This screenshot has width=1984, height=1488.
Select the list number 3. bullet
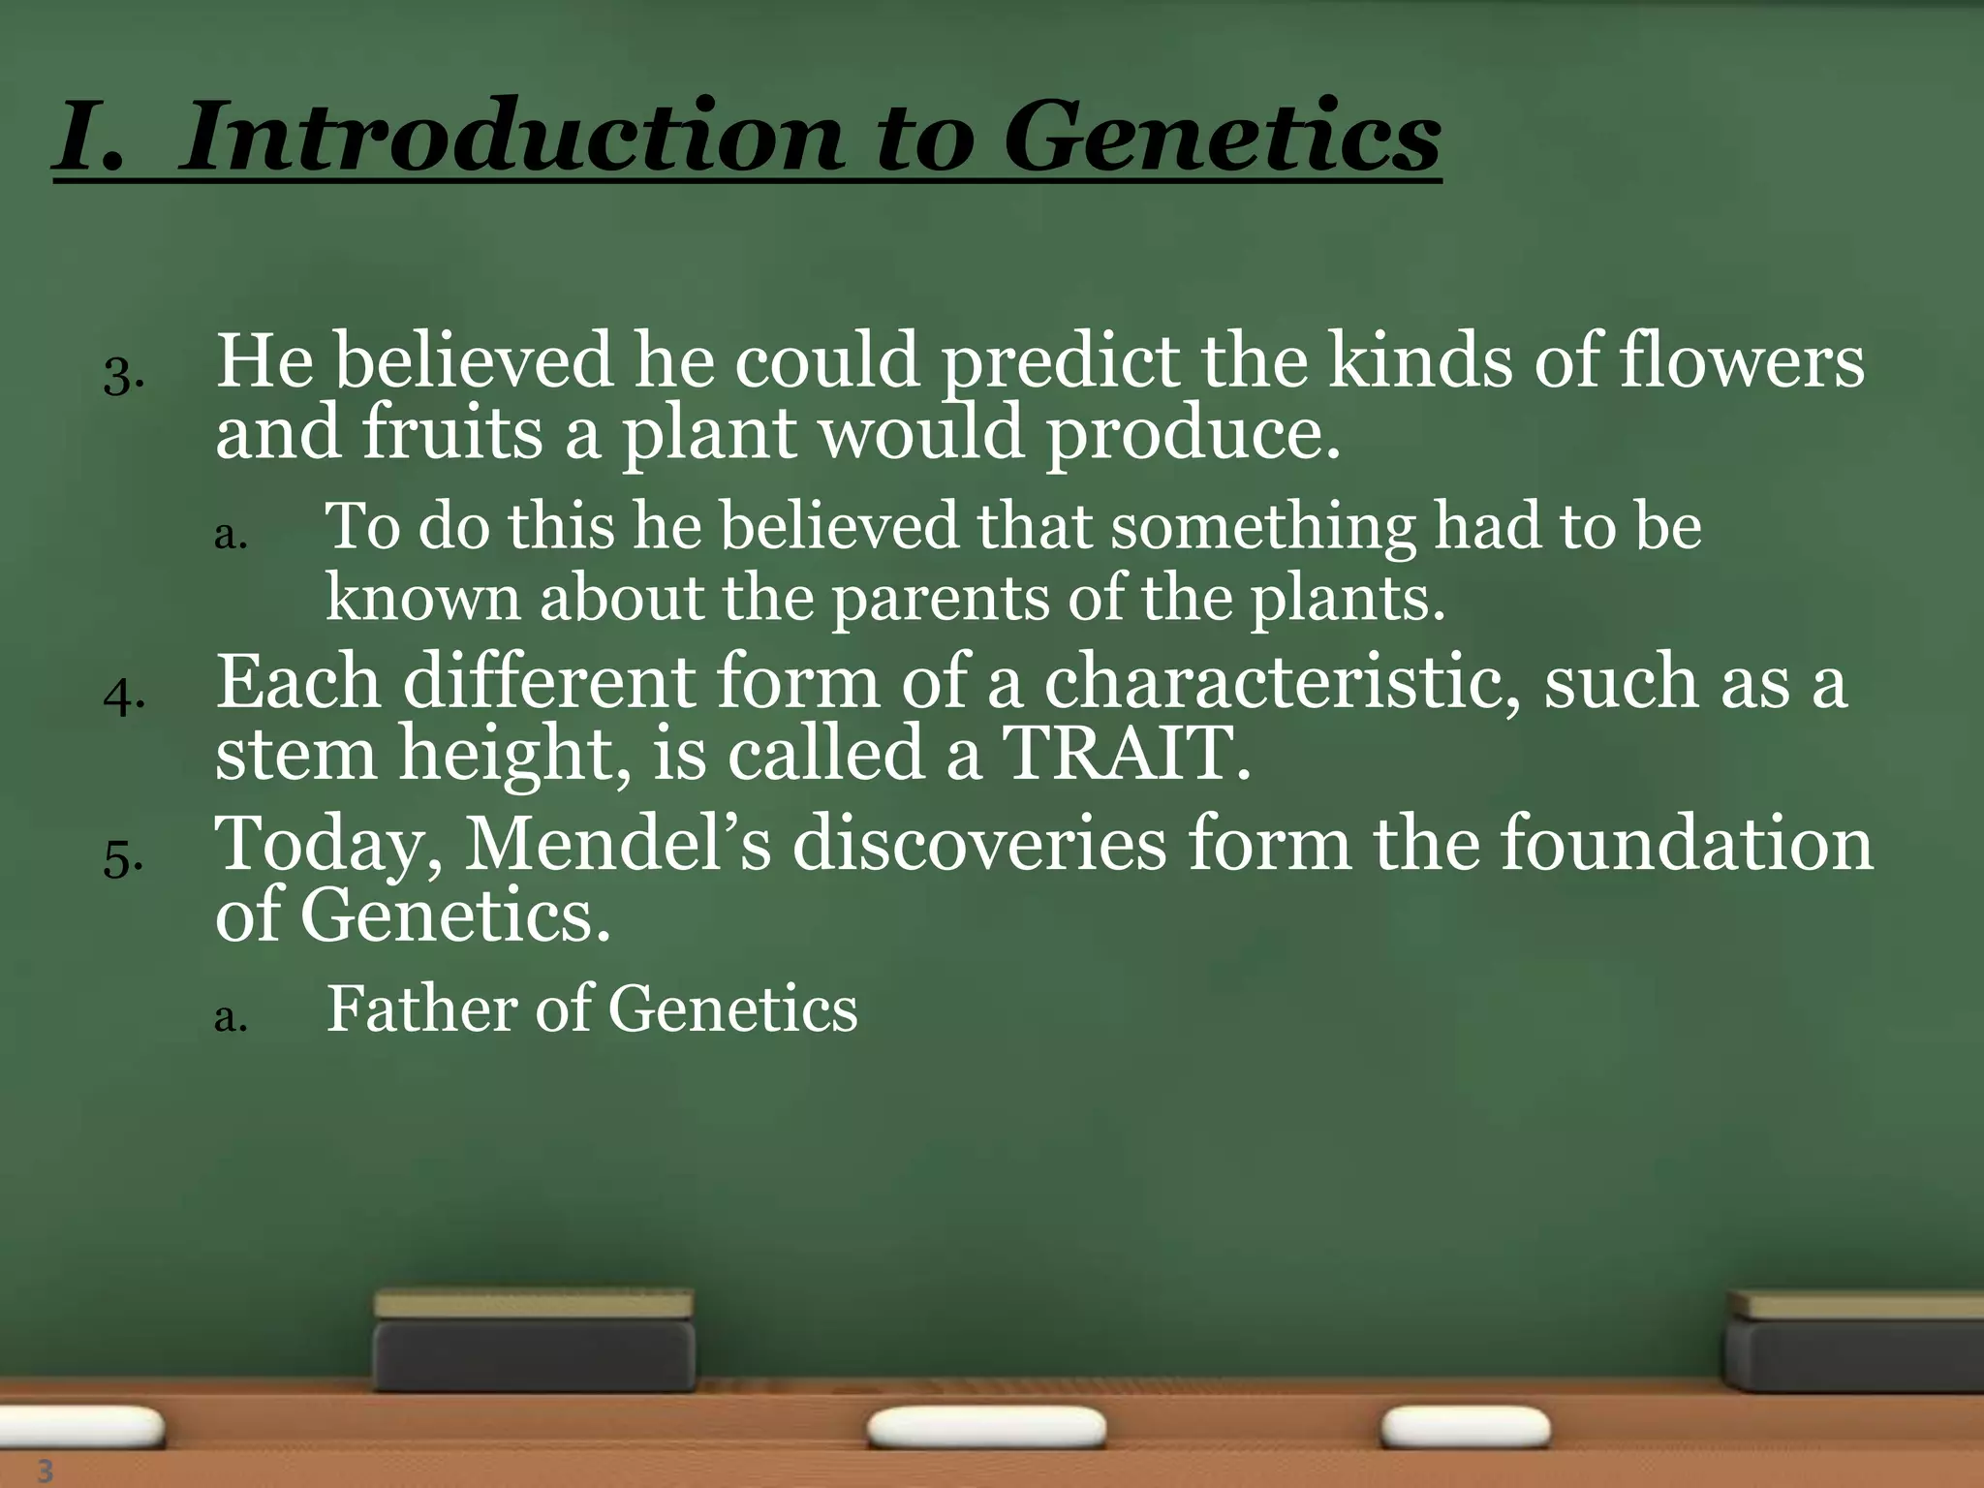[x=123, y=376]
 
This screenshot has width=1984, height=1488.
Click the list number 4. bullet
[x=123, y=697]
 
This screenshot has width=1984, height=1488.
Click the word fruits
[x=452, y=432]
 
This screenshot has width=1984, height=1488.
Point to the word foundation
[x=1687, y=843]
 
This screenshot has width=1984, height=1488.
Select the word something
[x=1262, y=527]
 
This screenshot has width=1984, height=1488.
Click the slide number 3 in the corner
[x=45, y=1471]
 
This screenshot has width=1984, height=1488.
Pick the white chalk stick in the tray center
[x=985, y=1428]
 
